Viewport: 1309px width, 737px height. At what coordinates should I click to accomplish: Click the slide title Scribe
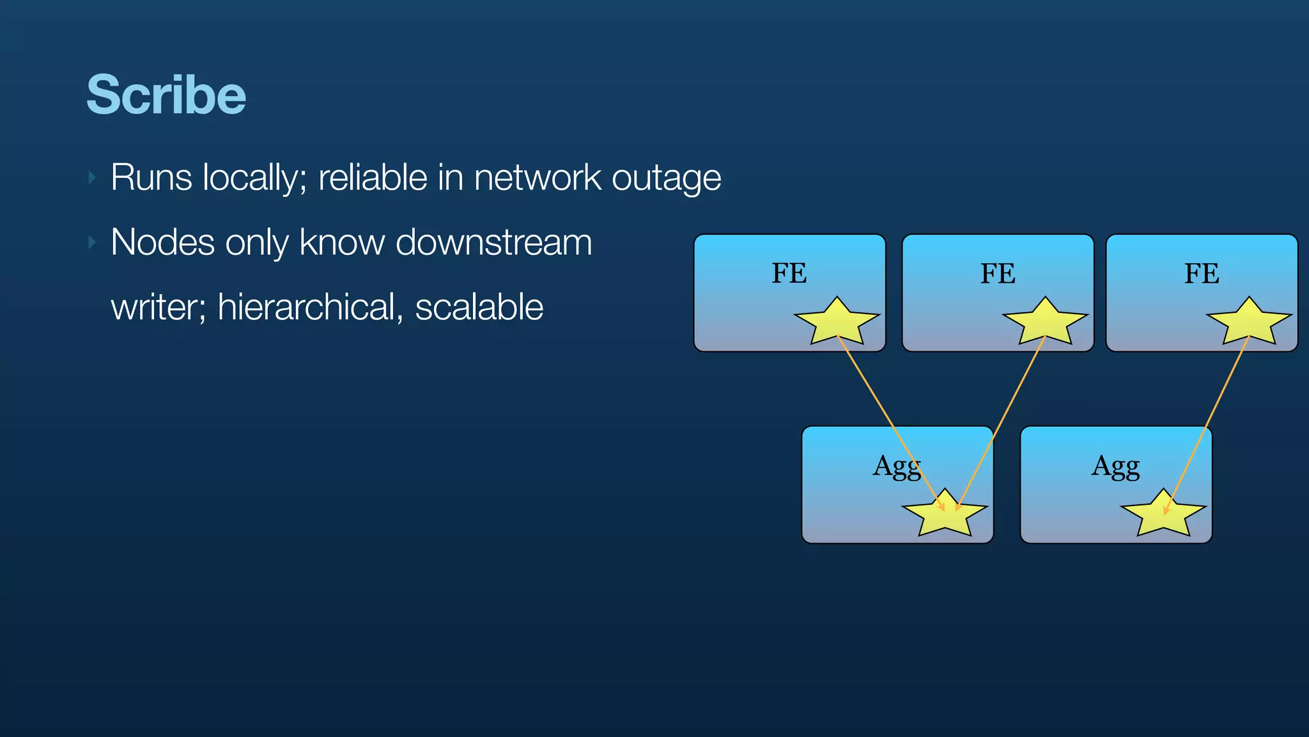click(x=166, y=95)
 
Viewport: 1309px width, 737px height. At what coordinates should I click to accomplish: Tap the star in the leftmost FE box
click(x=837, y=322)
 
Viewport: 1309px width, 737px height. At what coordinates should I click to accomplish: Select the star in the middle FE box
click(x=1045, y=322)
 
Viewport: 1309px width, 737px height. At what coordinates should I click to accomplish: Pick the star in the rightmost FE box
click(x=1249, y=322)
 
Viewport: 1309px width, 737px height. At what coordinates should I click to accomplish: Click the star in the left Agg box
click(x=945, y=514)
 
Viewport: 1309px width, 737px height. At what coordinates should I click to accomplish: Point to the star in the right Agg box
click(x=1163, y=514)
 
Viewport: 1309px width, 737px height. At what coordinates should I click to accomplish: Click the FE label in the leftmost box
click(x=789, y=273)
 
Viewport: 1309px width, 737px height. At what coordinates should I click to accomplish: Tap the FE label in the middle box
click(x=998, y=274)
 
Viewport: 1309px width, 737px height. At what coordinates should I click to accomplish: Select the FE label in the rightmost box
click(x=1202, y=274)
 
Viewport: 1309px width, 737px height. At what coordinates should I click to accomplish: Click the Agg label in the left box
click(x=897, y=466)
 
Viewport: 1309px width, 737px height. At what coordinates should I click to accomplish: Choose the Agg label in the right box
click(x=1115, y=466)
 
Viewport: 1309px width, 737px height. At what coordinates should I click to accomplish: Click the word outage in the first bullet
click(x=666, y=178)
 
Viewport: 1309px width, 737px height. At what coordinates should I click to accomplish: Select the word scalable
click(x=479, y=308)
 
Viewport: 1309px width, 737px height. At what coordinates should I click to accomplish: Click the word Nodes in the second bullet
click(x=162, y=243)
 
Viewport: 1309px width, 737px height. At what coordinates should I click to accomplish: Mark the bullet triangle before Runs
click(x=93, y=177)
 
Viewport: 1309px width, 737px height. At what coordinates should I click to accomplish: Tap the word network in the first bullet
click(x=538, y=178)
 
